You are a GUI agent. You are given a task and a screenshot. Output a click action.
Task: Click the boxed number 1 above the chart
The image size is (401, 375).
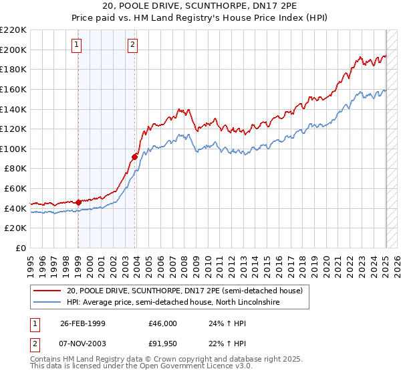coord(77,45)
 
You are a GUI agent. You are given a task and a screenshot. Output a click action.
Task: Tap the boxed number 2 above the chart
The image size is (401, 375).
coord(133,45)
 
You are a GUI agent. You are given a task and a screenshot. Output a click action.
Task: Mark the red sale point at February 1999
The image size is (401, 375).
coord(78,202)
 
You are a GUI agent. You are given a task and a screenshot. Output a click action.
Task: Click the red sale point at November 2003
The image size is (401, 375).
coord(134,157)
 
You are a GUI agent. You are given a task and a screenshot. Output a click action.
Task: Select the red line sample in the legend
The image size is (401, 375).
coord(47,291)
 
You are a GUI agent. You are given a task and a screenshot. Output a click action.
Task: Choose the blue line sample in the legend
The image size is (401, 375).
coord(47,303)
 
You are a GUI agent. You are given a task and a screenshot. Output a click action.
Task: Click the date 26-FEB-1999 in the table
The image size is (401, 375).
coord(82,323)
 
